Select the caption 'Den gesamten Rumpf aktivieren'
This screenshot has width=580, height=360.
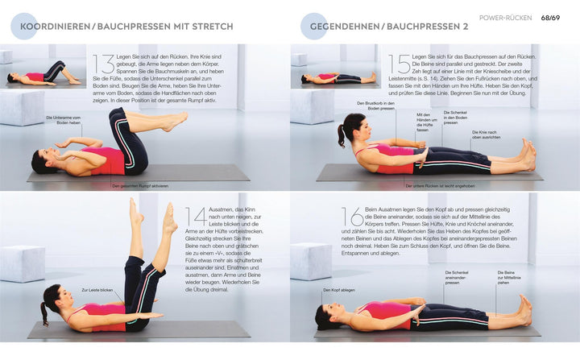point(140,186)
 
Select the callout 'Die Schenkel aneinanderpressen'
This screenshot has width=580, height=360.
point(456,276)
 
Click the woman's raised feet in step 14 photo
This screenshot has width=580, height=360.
point(153,216)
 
